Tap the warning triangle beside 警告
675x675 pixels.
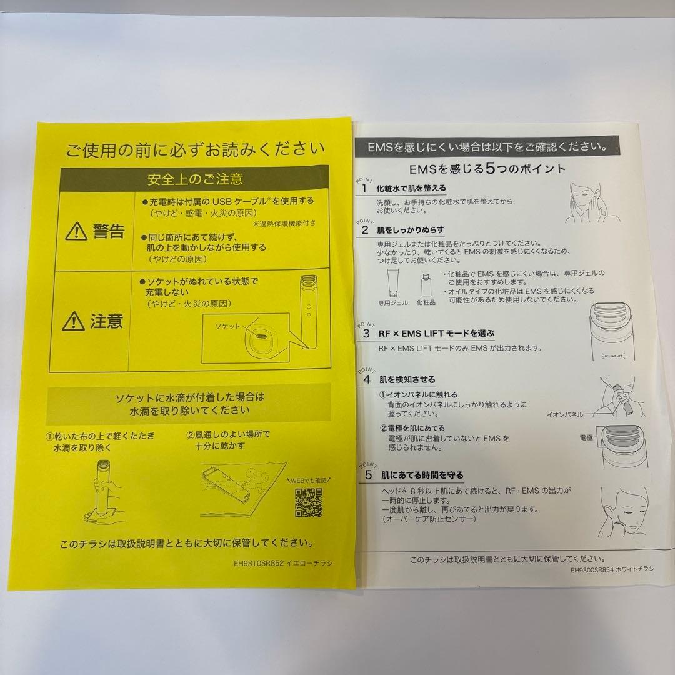(76, 231)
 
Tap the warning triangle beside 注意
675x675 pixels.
(74, 322)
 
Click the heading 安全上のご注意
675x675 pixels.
(195, 179)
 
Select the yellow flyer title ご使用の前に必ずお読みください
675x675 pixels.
(196, 150)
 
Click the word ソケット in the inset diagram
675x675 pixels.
(227, 327)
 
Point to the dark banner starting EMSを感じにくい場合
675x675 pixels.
(487, 148)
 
